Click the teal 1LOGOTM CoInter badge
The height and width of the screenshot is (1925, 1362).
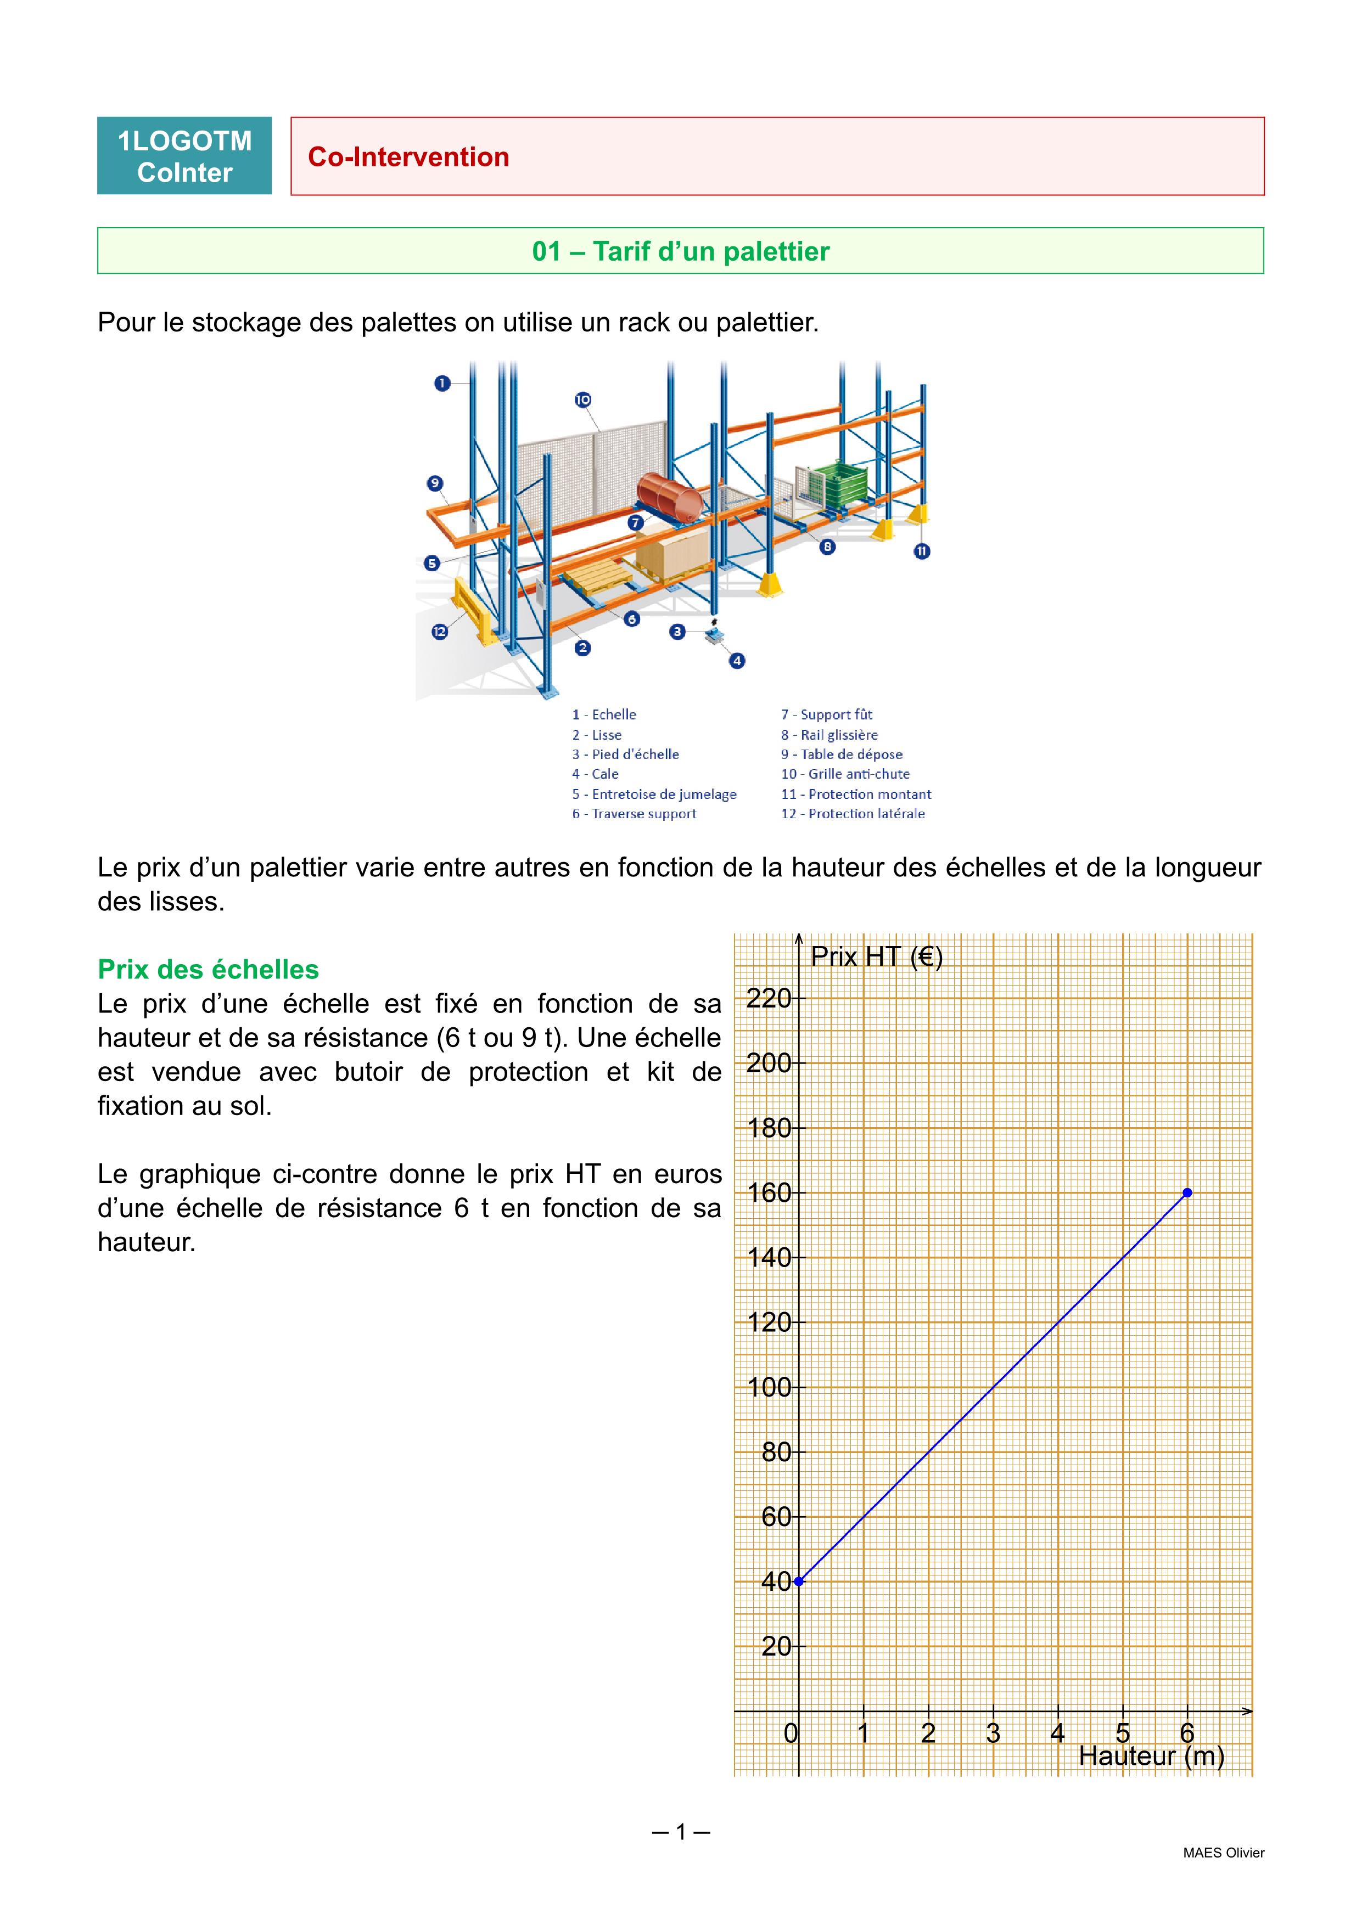click(184, 156)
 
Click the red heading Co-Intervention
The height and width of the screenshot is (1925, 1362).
click(408, 157)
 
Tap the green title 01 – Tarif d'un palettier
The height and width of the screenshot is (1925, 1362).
click(680, 251)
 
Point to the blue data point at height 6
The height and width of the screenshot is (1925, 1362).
click(1187, 1192)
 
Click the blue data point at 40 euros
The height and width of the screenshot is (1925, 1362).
click(798, 1581)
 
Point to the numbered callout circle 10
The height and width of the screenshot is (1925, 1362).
click(583, 400)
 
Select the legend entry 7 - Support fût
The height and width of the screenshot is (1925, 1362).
click(826, 714)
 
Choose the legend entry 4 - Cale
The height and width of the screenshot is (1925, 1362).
click(596, 774)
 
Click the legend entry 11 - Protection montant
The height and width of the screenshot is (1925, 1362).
click(855, 794)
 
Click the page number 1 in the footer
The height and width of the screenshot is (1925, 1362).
click(681, 1832)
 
